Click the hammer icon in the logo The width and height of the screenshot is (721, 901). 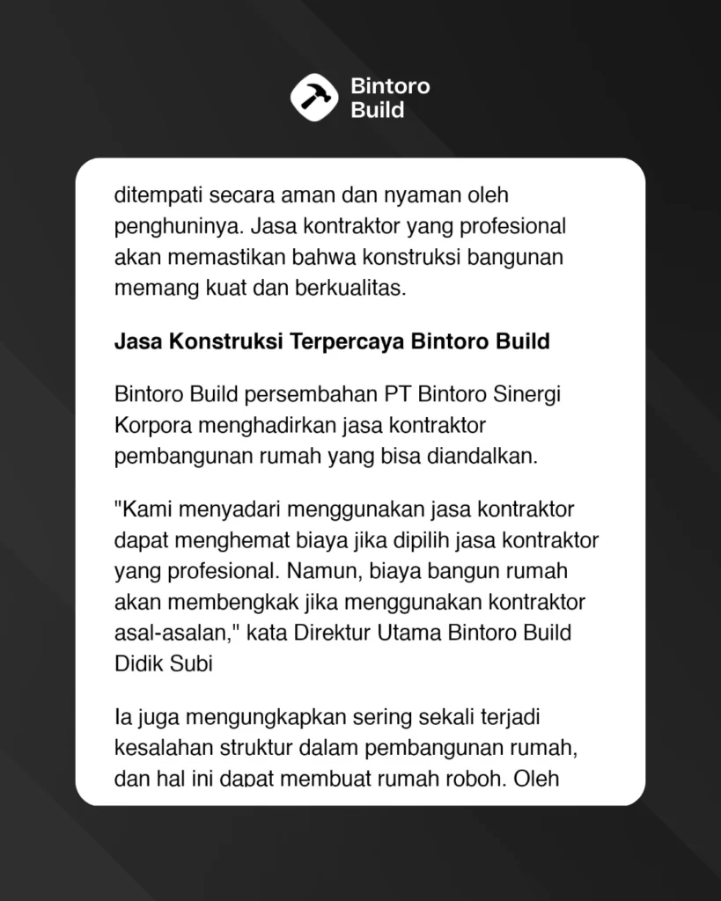pos(314,98)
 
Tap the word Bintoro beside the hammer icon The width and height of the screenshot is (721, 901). pos(390,87)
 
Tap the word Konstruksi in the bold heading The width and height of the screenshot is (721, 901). pos(219,341)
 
